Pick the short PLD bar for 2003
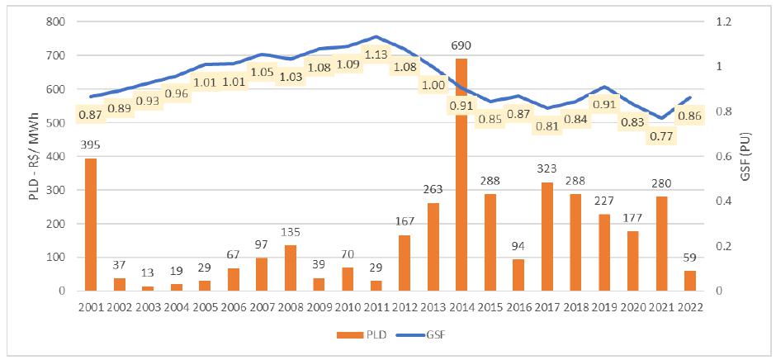(148, 288)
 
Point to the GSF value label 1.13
(376, 54)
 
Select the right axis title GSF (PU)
(757, 157)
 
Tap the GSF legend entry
(422, 338)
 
